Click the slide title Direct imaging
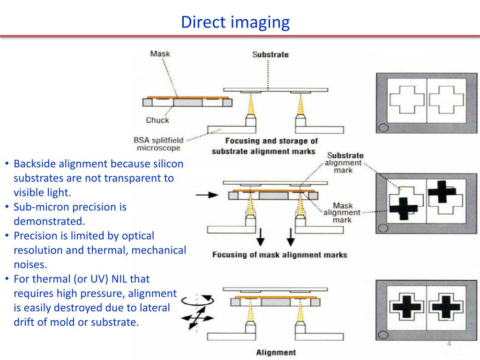pyautogui.click(x=235, y=22)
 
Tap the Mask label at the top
pyautogui.click(x=160, y=53)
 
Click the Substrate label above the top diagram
pyautogui.click(x=270, y=54)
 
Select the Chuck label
pyautogui.click(x=157, y=120)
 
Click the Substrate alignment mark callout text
pyautogui.click(x=345, y=163)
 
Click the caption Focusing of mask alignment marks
pyautogui.click(x=279, y=255)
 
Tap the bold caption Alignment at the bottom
pyautogui.click(x=276, y=352)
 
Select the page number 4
pyautogui.click(x=449, y=345)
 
